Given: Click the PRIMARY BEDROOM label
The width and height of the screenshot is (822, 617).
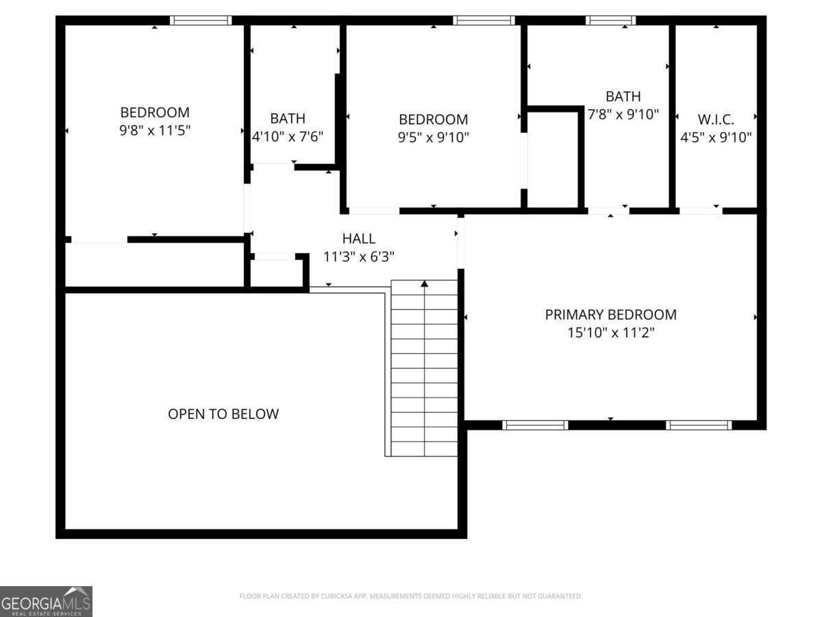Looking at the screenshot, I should [610, 315].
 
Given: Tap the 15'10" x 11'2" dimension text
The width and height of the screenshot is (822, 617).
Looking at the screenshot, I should [610, 333].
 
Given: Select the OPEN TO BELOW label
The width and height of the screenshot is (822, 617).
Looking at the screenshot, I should [223, 414].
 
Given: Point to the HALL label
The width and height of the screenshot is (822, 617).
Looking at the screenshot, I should [359, 239].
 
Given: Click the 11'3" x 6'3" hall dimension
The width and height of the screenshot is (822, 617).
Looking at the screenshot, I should [359, 257].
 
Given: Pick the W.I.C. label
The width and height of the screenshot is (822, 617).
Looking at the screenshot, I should [716, 119].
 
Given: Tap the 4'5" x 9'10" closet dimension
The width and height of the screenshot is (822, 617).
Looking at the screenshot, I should [716, 137].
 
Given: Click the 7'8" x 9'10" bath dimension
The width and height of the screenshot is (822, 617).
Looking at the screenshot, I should [623, 114].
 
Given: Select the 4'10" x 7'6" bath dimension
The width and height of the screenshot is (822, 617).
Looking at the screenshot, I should [288, 136].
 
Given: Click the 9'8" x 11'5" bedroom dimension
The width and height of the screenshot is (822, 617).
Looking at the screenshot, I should [155, 130].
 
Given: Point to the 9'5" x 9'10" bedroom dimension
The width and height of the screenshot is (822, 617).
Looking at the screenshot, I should [434, 137].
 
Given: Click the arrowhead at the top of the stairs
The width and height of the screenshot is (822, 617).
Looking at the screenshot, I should [425, 282].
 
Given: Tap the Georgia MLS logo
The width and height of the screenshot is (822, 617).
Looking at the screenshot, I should [46, 601].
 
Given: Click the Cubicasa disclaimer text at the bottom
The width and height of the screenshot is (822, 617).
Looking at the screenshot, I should [410, 596].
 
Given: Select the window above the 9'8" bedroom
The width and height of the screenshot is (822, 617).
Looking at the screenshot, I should [201, 21].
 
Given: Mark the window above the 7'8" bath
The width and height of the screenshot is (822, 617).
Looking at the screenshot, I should [610, 21].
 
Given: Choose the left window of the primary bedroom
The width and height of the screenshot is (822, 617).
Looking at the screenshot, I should [535, 425].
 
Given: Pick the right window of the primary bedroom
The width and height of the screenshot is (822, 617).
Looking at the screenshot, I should [699, 425].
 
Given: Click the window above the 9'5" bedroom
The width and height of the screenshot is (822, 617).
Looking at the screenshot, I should [484, 21].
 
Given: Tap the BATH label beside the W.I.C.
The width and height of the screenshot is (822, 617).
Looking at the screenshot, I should [623, 97].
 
